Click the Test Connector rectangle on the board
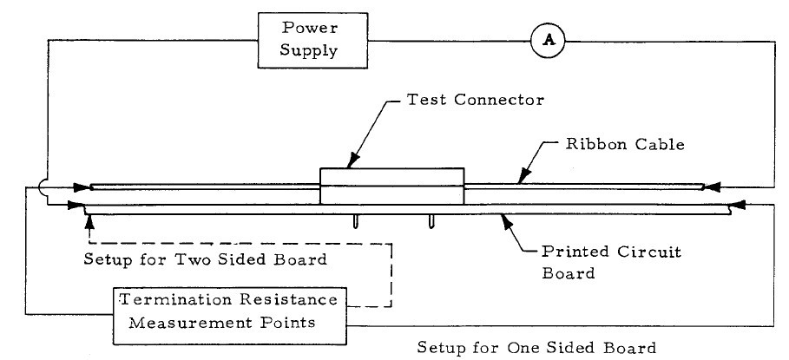point(391,187)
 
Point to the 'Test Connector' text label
point(476,100)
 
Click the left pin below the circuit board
point(355,221)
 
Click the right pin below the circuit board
point(431,221)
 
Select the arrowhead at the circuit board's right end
point(736,206)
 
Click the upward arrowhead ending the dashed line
point(88,222)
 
